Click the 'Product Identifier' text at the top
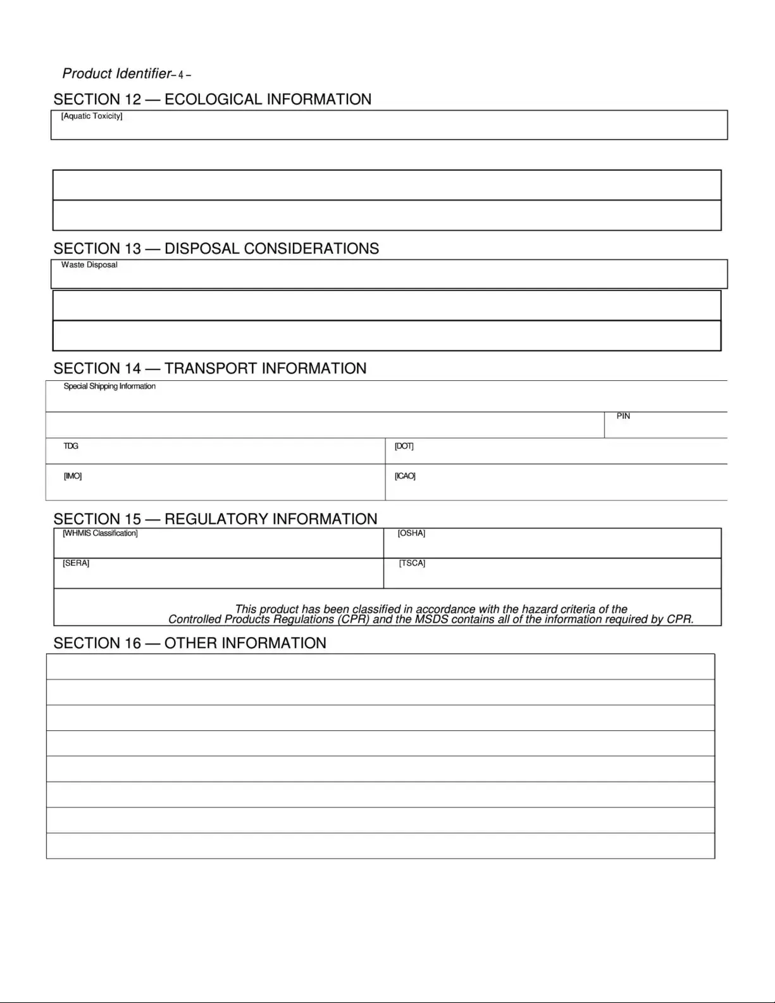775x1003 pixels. coord(116,74)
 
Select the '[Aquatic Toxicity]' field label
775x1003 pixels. coord(92,116)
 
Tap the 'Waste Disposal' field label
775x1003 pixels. coord(89,265)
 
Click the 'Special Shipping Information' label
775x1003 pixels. coord(109,387)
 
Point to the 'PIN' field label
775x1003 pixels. coord(623,416)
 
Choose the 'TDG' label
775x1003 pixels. coord(71,446)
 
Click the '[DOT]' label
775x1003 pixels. coord(404,446)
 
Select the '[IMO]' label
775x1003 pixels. coord(73,476)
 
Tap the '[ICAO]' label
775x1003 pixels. coord(405,476)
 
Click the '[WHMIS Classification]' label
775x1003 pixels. coord(100,533)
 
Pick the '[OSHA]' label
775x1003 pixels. coord(411,533)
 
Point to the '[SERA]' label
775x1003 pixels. coord(76,563)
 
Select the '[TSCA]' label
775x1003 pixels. coord(412,563)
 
